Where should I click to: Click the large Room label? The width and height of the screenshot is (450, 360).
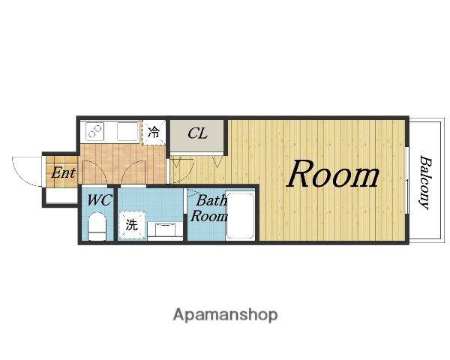[333, 174]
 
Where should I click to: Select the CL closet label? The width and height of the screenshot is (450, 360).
[197, 133]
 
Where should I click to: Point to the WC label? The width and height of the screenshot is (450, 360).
[99, 200]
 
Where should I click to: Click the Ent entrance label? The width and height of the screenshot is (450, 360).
[63, 172]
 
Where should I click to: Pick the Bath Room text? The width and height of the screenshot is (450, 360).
[209, 208]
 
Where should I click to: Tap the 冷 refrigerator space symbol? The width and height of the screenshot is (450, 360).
[154, 133]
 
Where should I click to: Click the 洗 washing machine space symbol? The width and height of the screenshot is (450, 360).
[132, 225]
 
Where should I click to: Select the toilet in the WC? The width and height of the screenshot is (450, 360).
[97, 226]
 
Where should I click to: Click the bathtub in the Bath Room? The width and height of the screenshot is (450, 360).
[240, 215]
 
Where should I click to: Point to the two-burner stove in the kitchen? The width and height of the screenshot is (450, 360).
[94, 131]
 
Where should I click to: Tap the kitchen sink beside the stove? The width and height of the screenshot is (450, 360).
[127, 131]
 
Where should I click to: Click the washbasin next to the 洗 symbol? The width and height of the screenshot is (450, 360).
[165, 230]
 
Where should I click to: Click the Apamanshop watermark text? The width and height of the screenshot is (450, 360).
[225, 315]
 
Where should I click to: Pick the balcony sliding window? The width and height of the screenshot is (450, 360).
[406, 180]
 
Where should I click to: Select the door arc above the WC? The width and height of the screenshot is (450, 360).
[94, 171]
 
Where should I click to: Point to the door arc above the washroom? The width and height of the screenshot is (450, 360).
[134, 171]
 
